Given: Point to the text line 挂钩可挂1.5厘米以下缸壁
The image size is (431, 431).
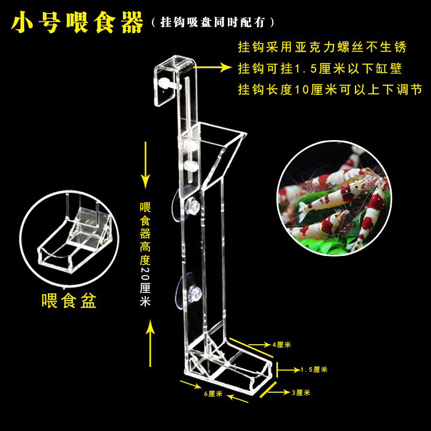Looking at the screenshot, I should click(x=321, y=68).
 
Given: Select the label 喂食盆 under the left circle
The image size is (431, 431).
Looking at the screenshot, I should click(x=69, y=300).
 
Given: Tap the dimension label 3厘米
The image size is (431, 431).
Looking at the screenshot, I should click(x=301, y=393).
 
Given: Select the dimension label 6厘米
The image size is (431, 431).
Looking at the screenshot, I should click(x=213, y=394).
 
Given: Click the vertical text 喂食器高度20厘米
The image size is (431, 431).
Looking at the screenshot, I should click(x=144, y=253).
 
